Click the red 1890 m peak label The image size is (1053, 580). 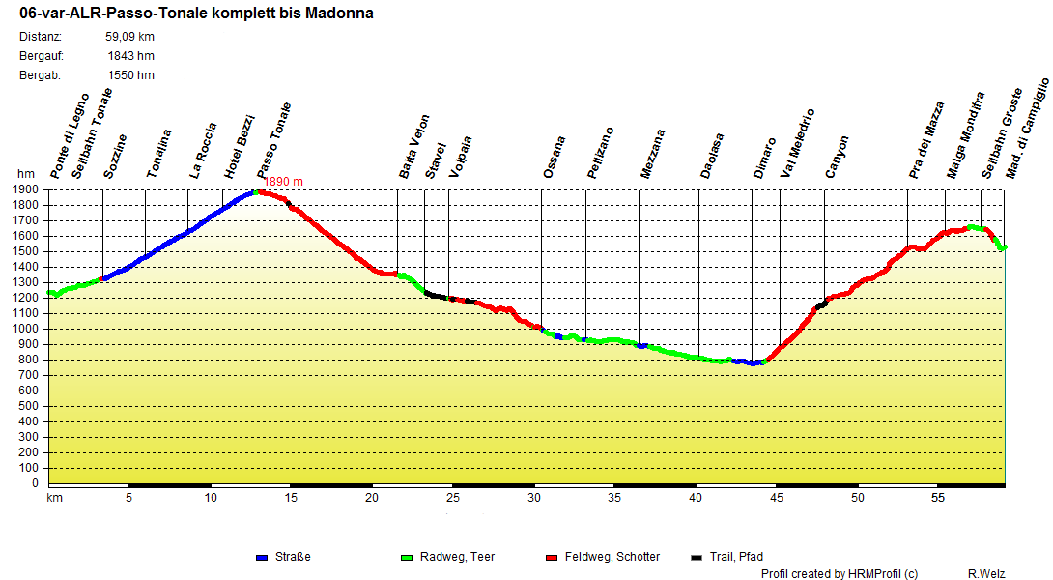point(284,181)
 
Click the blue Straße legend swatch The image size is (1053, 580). point(261,558)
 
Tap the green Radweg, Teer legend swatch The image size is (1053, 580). point(406,558)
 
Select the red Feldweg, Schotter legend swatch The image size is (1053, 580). point(552,558)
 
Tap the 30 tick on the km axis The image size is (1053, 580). point(533,498)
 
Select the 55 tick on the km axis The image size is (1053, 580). point(938,498)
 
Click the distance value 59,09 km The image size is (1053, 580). point(129,37)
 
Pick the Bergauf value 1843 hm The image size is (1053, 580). point(131,56)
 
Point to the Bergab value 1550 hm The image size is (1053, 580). point(131,75)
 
